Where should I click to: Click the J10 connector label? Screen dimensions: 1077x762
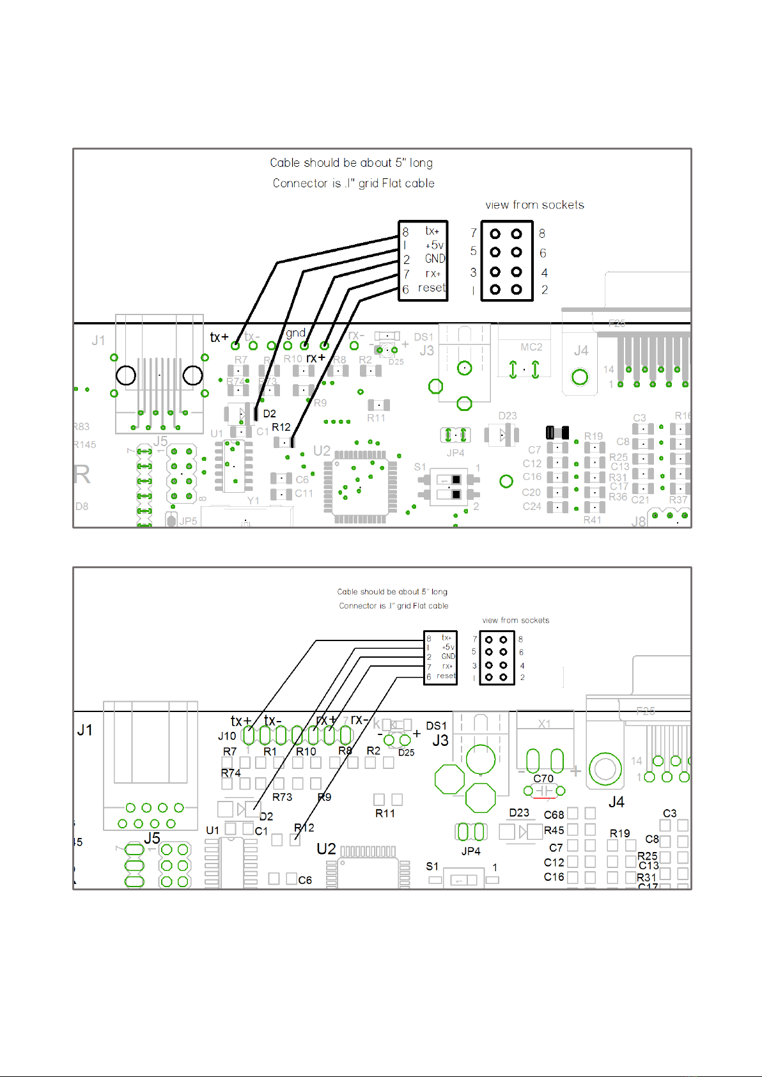227,736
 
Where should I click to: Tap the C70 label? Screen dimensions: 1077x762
543,779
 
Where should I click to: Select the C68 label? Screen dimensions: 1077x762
554,815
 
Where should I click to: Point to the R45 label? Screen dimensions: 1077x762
554,830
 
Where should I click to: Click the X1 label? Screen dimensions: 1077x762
544,724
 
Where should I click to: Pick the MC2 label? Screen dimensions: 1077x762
531,347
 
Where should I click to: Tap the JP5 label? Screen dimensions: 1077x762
188,521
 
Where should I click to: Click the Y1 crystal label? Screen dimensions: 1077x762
253,500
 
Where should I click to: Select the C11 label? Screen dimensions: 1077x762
304,493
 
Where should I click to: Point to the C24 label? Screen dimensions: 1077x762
532,506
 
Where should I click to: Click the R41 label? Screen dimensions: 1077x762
592,520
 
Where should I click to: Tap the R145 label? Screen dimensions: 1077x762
84,445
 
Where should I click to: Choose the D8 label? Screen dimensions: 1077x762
82,506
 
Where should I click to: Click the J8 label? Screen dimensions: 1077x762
639,522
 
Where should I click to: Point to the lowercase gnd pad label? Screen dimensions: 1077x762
295,333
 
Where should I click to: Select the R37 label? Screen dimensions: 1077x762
678,500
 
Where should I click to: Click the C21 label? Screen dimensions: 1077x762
640,500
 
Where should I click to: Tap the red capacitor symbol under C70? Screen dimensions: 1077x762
544,791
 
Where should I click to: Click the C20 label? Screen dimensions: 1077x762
531,492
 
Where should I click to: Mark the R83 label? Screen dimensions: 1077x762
81,426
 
